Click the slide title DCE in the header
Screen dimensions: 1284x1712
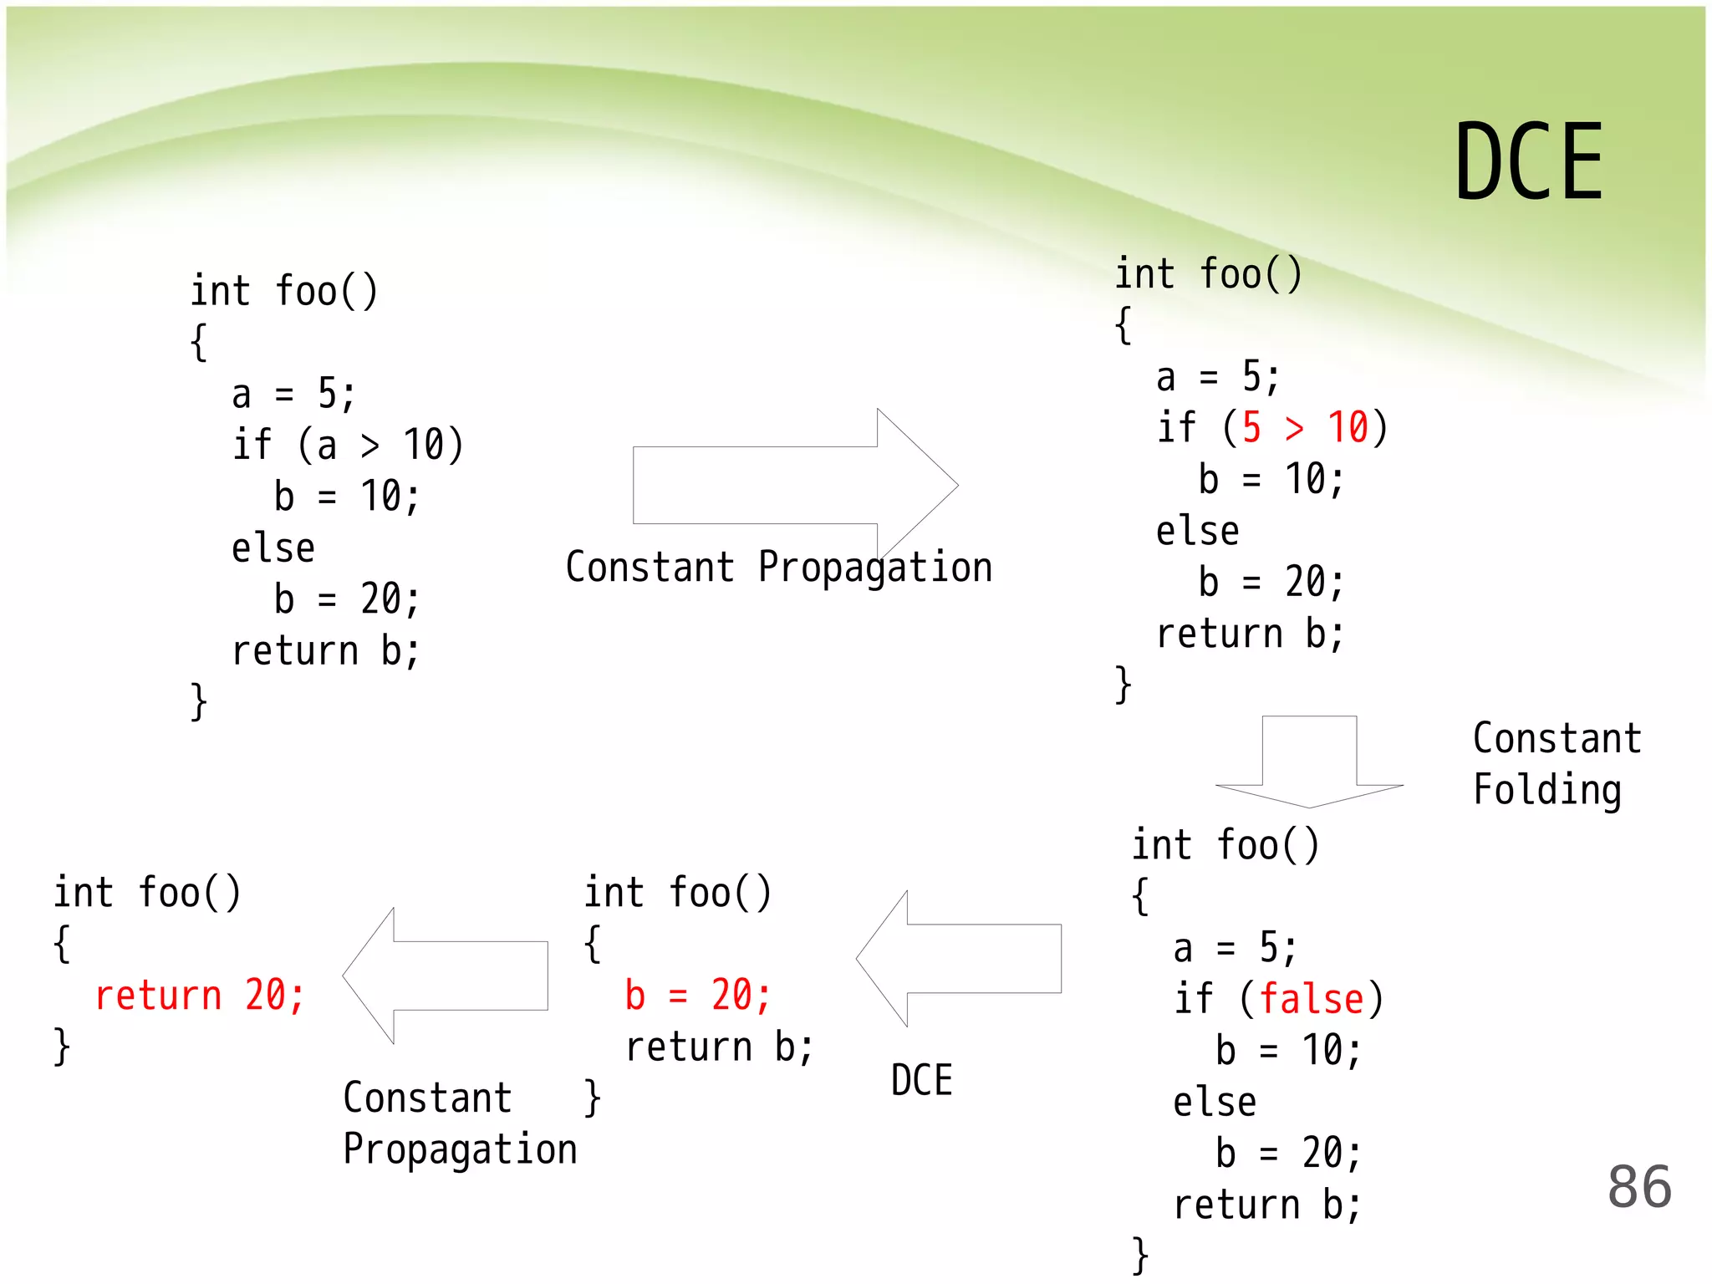coord(1529,161)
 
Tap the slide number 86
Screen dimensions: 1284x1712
coord(1639,1186)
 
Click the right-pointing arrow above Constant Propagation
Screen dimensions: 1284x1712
coord(794,485)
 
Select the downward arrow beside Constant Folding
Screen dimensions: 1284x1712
coord(1309,761)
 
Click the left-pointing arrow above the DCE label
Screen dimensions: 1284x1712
coord(959,959)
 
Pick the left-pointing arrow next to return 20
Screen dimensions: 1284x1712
coord(446,976)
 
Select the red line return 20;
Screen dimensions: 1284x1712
coord(199,996)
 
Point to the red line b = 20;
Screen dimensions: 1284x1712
coord(697,996)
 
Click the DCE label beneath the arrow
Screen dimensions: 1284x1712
coord(921,1080)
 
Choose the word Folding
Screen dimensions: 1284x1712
coord(1546,790)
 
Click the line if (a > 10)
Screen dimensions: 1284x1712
coord(347,445)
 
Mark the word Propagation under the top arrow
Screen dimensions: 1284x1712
coord(874,568)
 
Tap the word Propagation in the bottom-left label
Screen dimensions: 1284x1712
coord(460,1149)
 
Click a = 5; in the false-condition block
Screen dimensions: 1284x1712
coord(1234,949)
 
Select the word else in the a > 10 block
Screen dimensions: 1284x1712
coord(273,548)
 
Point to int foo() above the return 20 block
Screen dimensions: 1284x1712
coord(147,893)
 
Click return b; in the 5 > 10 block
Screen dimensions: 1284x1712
coord(1250,634)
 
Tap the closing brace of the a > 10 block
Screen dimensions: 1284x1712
coord(198,701)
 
